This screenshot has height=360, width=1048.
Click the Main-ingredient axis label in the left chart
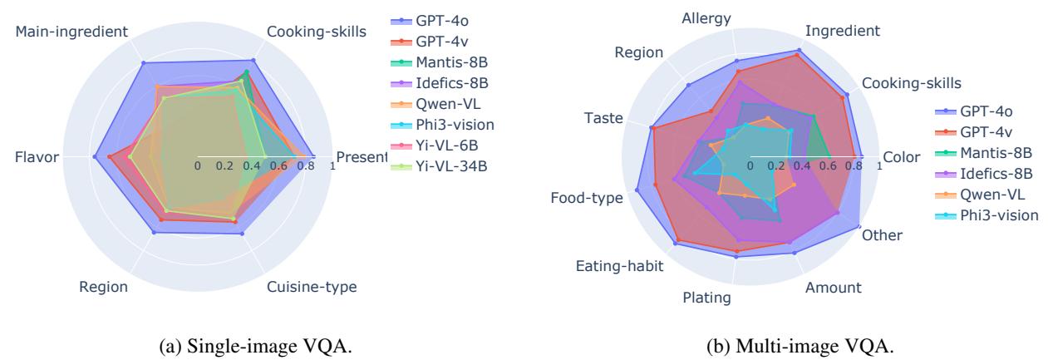point(71,32)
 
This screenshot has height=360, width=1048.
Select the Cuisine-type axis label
point(312,287)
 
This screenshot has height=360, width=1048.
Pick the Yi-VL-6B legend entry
point(448,145)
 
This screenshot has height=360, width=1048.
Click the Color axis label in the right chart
point(903,156)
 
